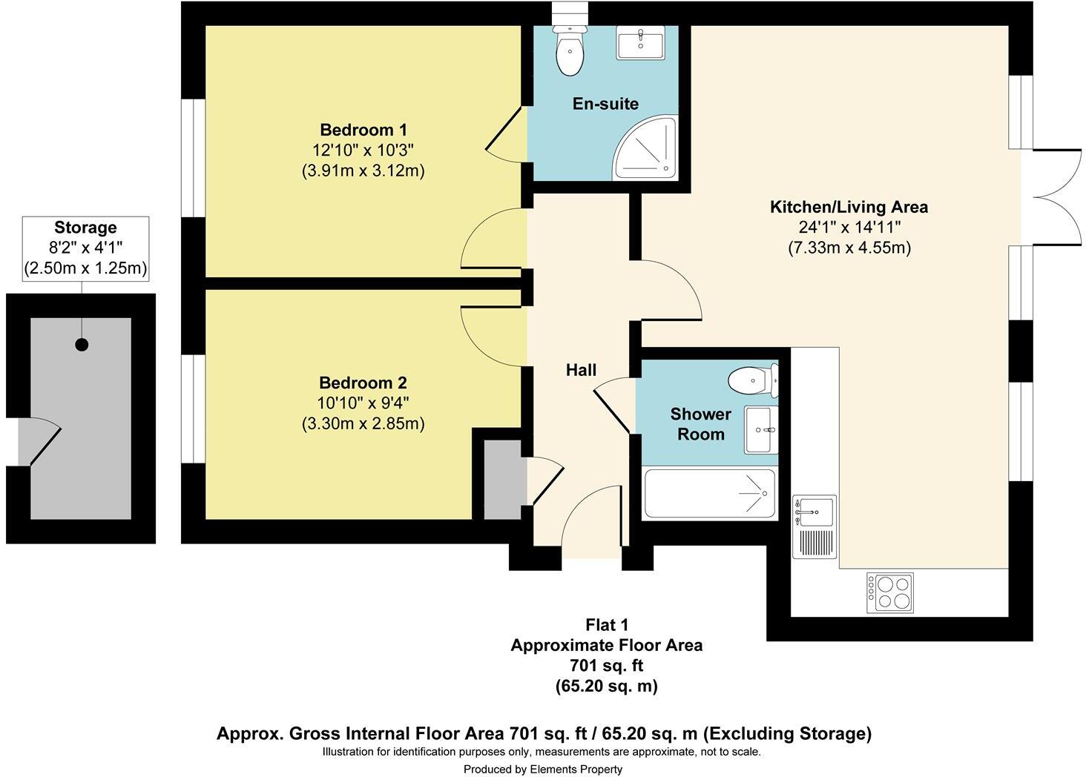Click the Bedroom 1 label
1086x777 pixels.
363,130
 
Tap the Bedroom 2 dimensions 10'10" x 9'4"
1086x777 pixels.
363,403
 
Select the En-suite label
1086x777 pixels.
605,104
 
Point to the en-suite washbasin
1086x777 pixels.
640,43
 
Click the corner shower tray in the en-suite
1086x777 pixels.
645,148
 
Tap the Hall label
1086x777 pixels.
581,370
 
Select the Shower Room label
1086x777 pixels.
700,424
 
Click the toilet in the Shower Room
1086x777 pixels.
753,380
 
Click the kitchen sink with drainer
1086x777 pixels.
814,526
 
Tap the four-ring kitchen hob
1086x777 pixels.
889,592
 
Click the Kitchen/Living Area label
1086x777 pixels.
849,207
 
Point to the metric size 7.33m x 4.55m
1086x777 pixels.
849,248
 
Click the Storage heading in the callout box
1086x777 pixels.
85,228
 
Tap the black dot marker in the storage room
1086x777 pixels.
82,345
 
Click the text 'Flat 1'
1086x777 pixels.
607,625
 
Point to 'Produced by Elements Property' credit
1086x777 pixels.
543,769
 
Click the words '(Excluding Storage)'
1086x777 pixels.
787,733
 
